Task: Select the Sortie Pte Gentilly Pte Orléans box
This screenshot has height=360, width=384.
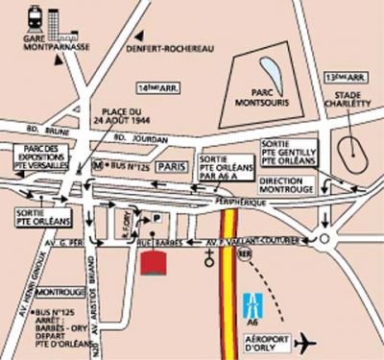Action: tap(288, 151)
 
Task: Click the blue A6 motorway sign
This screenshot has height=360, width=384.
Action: tap(253, 305)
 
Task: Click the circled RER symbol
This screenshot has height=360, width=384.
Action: tap(247, 259)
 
